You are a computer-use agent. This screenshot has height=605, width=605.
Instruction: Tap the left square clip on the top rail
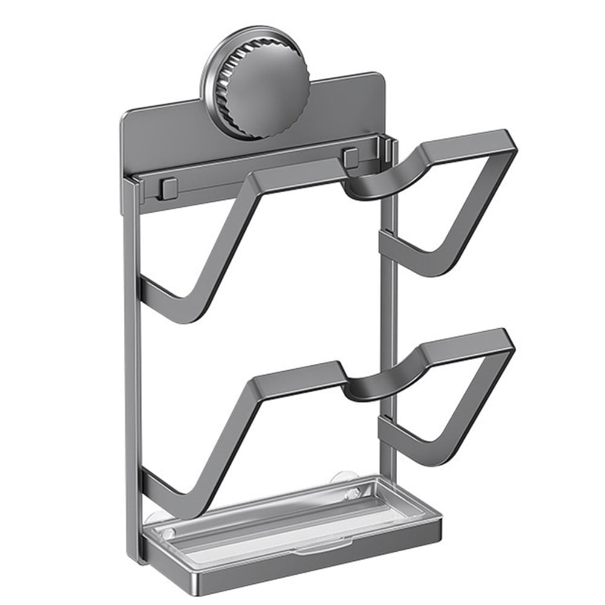coord(169,188)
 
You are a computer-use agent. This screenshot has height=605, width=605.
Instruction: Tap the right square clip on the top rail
coord(351,158)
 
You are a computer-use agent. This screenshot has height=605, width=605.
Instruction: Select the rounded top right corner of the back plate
coord(380,79)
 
